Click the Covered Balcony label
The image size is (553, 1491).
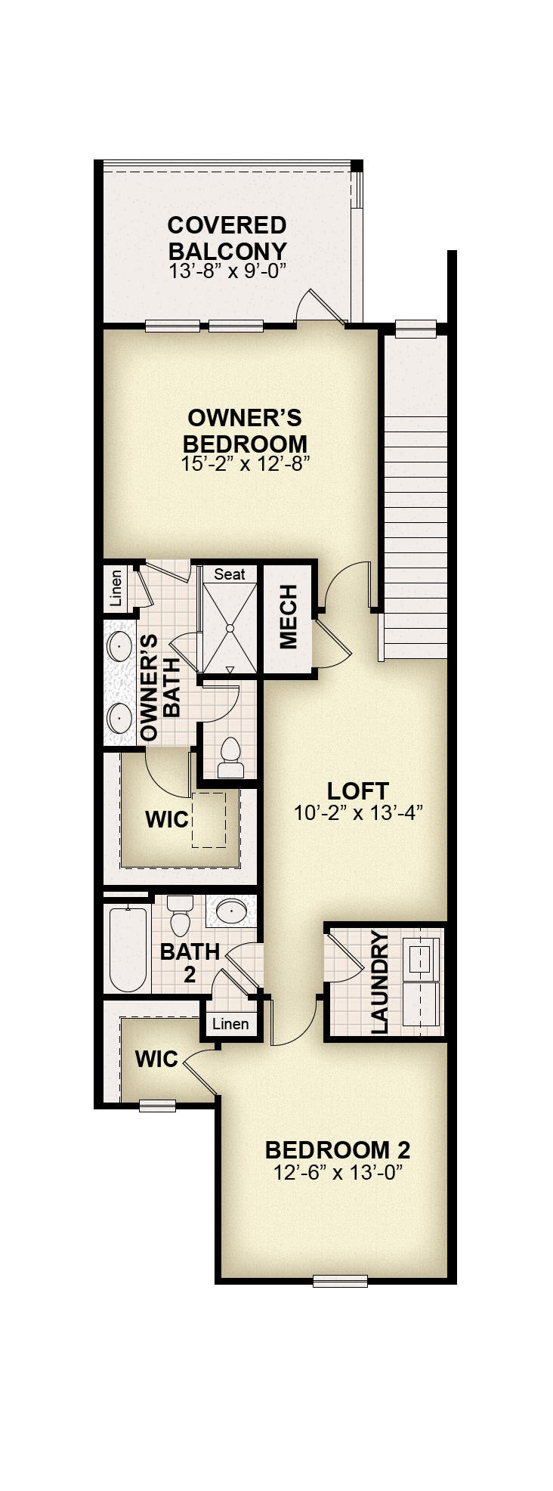[x=227, y=238]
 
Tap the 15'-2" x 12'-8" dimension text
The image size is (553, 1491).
[x=246, y=463]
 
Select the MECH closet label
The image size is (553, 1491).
[x=289, y=617]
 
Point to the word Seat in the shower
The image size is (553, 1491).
[x=230, y=574]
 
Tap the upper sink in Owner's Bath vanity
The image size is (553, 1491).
[x=121, y=646]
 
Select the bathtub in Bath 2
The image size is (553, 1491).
[x=128, y=949]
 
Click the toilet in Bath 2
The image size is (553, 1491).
[x=180, y=915]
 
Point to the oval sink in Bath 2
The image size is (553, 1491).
[x=230, y=911]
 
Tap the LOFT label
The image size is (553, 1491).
[x=358, y=791]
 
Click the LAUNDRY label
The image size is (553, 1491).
[x=379, y=982]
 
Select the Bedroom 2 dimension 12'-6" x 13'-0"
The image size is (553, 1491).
[x=337, y=1173]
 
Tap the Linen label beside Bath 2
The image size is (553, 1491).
[x=230, y=1024]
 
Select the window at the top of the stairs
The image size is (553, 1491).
[x=416, y=328]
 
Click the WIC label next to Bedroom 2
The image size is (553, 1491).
[x=156, y=1059]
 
